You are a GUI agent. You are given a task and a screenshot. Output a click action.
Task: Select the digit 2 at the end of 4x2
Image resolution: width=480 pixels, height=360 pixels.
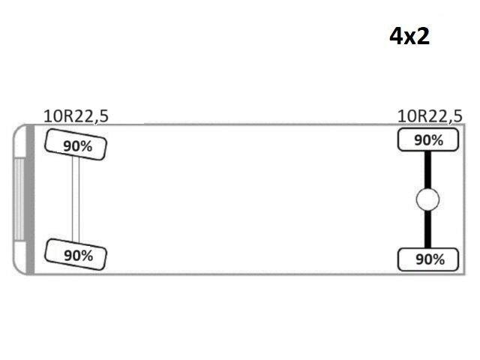pyautogui.click(x=423, y=36)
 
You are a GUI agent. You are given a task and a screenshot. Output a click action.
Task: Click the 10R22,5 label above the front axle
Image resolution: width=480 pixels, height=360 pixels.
pyautogui.click(x=76, y=117)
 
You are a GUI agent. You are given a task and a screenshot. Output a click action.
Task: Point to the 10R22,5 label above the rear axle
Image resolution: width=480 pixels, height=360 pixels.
pyautogui.click(x=430, y=117)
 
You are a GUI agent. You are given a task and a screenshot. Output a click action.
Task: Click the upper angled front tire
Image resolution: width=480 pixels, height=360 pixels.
pyautogui.click(x=76, y=145)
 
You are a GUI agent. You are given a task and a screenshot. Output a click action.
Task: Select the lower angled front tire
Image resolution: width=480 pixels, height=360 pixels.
pyautogui.click(x=76, y=254)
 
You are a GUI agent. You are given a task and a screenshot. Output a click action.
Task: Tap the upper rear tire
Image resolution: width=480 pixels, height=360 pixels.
pyautogui.click(x=428, y=140)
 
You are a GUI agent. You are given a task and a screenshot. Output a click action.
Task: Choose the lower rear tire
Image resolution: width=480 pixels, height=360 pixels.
pyautogui.click(x=428, y=259)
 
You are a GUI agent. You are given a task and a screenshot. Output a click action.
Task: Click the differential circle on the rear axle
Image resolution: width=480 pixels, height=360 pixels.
pyautogui.click(x=427, y=199)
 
